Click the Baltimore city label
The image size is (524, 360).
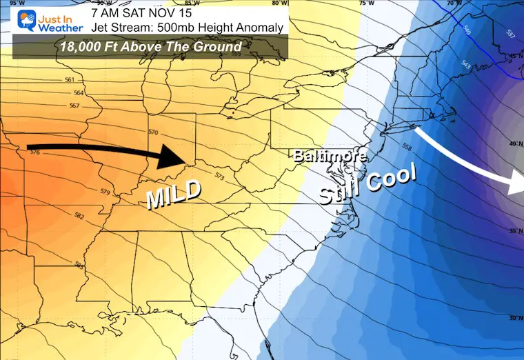pyautogui.click(x=329, y=157)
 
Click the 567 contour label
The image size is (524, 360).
pyautogui.click(x=74, y=106)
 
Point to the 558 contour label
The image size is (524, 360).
pyautogui.click(x=406, y=147)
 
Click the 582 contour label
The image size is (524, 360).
pyautogui.click(x=79, y=216)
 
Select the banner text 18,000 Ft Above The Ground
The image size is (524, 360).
pyautogui.click(x=150, y=47)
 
